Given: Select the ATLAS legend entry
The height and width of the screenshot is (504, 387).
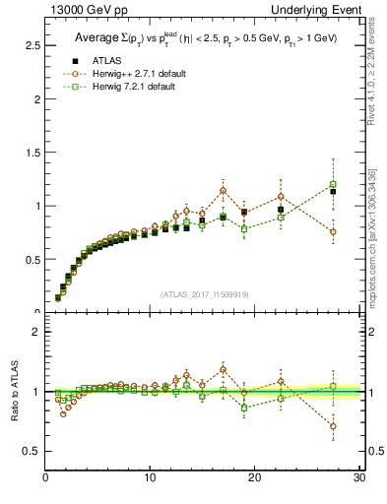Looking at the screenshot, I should pos(96,59).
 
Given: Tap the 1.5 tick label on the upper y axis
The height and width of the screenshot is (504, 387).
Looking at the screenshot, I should pos(32,153).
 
